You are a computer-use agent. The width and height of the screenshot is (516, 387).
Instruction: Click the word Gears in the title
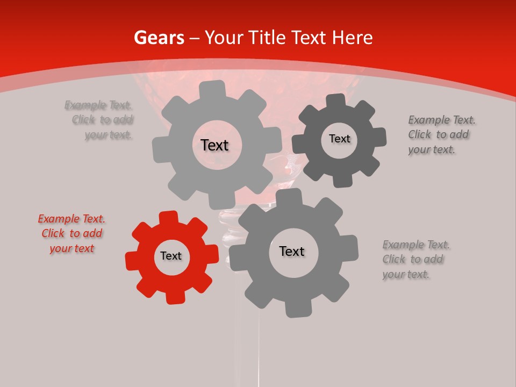(x=159, y=38)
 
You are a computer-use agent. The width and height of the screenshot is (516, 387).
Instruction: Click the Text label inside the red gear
(x=171, y=256)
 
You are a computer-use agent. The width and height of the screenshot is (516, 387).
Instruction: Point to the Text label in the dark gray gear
(x=339, y=139)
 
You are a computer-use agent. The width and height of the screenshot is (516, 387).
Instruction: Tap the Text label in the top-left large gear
(x=214, y=145)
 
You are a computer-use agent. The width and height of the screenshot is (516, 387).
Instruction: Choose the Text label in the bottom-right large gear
(x=291, y=251)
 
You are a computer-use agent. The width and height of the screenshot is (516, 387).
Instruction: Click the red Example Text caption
(x=71, y=233)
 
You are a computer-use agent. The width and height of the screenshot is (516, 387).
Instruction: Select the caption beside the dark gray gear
(x=441, y=134)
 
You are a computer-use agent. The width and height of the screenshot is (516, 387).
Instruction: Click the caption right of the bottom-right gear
(x=415, y=259)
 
